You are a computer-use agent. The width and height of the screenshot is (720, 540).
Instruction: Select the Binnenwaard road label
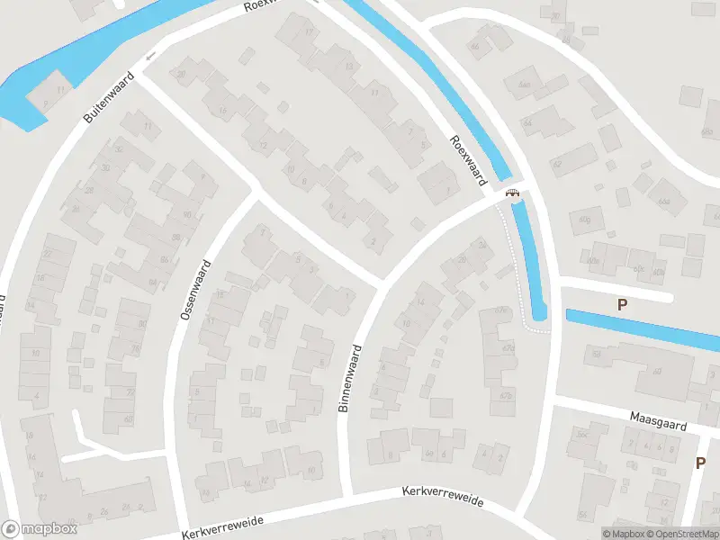(x=349, y=378)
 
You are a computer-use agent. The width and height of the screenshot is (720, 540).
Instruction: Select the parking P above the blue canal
(x=622, y=305)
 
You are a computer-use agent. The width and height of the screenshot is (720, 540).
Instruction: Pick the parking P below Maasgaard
(x=700, y=463)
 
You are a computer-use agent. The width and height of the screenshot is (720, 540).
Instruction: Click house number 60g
(x=587, y=219)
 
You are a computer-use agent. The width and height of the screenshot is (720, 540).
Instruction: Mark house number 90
(x=187, y=213)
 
